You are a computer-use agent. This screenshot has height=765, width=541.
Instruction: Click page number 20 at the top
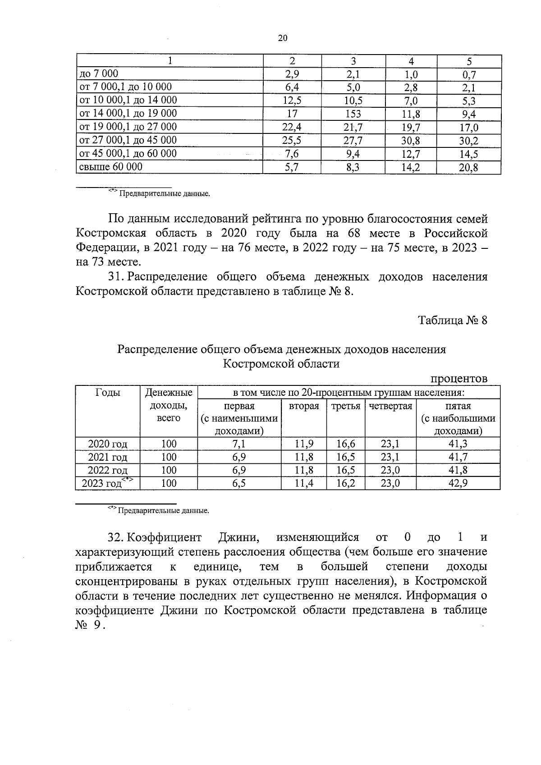pyautogui.click(x=283, y=38)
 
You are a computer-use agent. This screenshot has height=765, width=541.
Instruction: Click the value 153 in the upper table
pyautogui.click(x=353, y=114)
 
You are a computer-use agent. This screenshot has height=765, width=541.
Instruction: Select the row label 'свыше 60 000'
pyautogui.click(x=111, y=167)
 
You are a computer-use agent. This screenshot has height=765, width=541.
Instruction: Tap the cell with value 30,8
pyautogui.click(x=410, y=141)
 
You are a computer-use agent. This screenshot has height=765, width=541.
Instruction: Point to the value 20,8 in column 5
pyautogui.click(x=468, y=168)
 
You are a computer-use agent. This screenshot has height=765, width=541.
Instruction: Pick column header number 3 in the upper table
pyautogui.click(x=353, y=61)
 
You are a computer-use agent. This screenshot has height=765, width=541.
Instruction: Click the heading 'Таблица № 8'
pyautogui.click(x=453, y=321)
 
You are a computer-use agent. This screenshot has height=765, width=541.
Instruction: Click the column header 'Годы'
pyautogui.click(x=108, y=393)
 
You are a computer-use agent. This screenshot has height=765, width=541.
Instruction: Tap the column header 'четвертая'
pyautogui.click(x=390, y=406)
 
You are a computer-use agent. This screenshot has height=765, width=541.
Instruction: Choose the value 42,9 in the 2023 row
pyautogui.click(x=458, y=484)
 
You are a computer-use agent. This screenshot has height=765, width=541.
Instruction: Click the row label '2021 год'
pyautogui.click(x=108, y=458)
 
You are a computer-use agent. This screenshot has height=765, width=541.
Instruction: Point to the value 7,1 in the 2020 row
pyautogui.click(x=239, y=444)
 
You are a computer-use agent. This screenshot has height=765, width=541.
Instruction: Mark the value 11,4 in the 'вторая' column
pyautogui.click(x=304, y=484)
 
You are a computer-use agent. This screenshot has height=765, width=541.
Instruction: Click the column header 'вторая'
pyautogui.click(x=304, y=406)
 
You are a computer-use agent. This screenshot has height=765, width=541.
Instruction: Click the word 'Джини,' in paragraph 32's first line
pyautogui.click(x=239, y=537)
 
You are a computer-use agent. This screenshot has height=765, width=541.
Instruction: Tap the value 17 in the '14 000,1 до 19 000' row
pyautogui.click(x=292, y=114)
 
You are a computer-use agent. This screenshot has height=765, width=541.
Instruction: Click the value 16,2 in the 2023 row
pyautogui.click(x=345, y=484)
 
